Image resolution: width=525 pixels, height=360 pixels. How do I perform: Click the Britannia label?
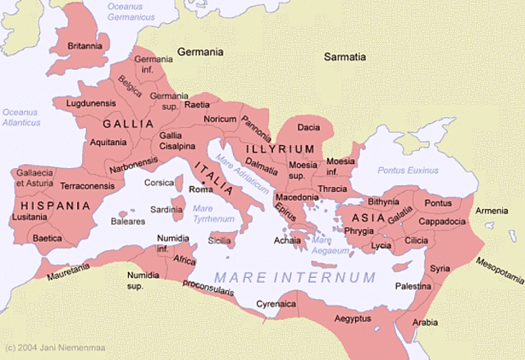point(85,46)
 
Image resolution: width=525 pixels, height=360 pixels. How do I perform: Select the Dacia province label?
point(308,127)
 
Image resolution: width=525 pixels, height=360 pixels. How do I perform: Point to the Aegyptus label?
point(353,318)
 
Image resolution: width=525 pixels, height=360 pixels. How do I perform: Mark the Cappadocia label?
point(442,221)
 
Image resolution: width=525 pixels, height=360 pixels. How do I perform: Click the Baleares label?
point(128,221)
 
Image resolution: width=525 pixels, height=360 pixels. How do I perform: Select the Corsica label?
point(159,183)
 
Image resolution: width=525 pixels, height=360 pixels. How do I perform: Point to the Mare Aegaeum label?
point(331,244)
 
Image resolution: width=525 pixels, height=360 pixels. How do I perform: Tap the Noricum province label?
point(220,119)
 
